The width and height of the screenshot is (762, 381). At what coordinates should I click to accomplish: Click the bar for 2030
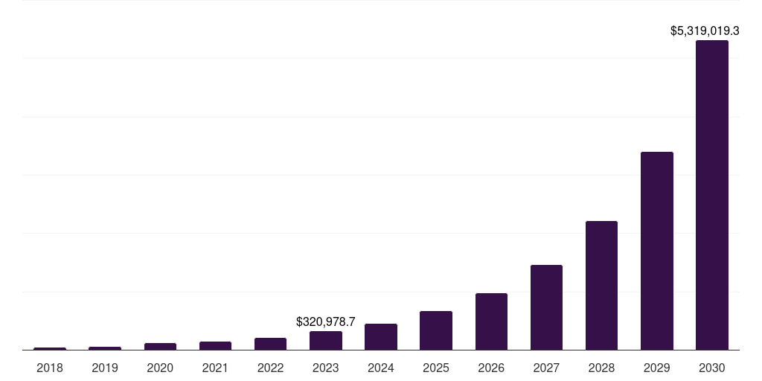711,195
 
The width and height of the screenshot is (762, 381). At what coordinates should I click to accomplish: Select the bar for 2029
656,251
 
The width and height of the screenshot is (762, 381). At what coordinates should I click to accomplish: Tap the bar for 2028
601,285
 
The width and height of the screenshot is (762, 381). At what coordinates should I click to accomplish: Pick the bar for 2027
546,307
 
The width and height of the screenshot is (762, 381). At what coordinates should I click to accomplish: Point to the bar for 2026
491,321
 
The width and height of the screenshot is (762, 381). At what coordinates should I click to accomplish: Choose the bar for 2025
436,330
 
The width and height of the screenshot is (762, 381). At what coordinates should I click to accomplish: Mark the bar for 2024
381,336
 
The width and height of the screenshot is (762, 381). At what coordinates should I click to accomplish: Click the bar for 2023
326,340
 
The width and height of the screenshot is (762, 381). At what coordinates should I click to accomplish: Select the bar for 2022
270,344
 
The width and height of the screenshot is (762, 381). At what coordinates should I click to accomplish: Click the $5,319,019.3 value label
705,31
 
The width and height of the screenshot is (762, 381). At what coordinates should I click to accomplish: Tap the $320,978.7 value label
326,321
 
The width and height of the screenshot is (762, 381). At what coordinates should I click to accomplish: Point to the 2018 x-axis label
50,368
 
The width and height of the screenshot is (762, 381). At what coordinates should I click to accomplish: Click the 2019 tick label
105,368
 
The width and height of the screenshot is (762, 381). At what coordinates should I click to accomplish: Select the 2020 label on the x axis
160,368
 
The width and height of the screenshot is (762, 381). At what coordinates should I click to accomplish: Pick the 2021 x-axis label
215,368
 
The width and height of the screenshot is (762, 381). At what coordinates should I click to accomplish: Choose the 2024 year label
381,368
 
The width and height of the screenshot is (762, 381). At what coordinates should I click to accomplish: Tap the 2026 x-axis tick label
491,368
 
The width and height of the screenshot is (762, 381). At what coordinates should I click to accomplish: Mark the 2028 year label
601,368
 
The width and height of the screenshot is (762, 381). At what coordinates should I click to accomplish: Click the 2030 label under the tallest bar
711,368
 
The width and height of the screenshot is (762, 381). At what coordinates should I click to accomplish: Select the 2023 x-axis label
326,368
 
